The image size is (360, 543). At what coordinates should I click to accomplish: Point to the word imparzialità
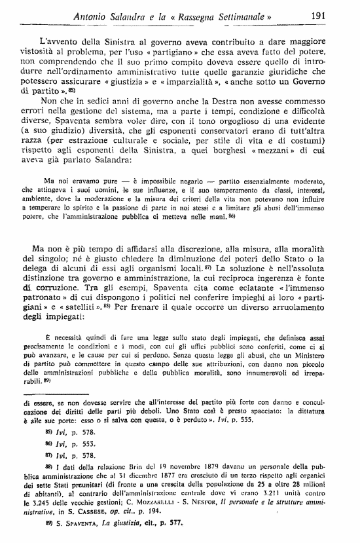(254, 84)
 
